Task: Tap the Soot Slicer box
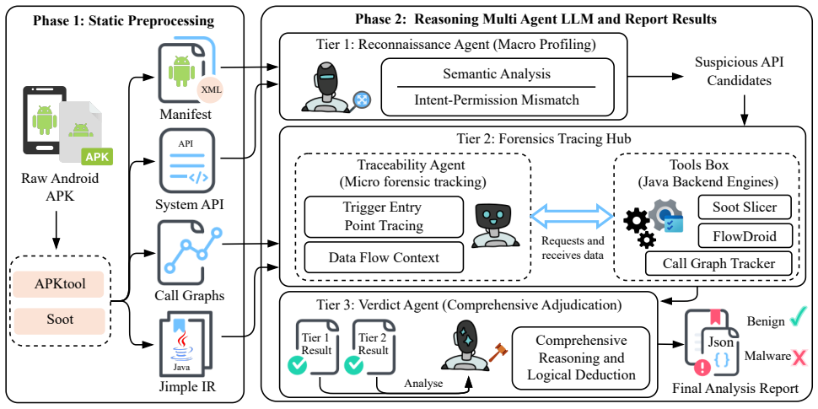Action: coord(745,207)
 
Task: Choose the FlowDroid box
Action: coord(745,236)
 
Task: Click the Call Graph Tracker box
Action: coord(718,263)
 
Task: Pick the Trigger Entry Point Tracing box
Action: coord(384,217)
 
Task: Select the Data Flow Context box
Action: coord(384,257)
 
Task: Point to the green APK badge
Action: coord(95,156)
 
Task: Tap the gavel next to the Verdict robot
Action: coord(498,352)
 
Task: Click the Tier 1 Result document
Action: coord(313,347)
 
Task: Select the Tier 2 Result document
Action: coord(369,347)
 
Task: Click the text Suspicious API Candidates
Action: coord(740,72)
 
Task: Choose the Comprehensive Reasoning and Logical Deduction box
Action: coord(581,358)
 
